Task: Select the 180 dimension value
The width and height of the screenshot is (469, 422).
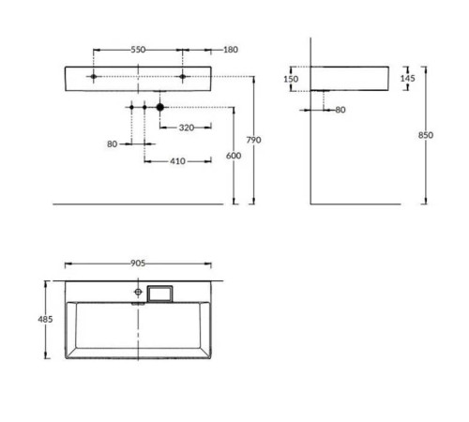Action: [x=230, y=48]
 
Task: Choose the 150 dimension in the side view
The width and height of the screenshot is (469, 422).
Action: [x=292, y=80]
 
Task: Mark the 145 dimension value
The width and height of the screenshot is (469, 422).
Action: [x=407, y=78]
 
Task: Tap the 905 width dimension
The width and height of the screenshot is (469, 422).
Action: [x=139, y=264]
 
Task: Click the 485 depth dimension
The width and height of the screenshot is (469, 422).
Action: [x=45, y=320]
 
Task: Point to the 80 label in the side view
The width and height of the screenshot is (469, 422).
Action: [x=340, y=110]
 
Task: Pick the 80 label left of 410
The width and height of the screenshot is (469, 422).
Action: [x=113, y=143]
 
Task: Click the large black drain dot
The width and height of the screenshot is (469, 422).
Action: [x=160, y=108]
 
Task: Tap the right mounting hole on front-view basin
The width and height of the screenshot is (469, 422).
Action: [x=183, y=75]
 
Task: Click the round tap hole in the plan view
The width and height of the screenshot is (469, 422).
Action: [x=139, y=294]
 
